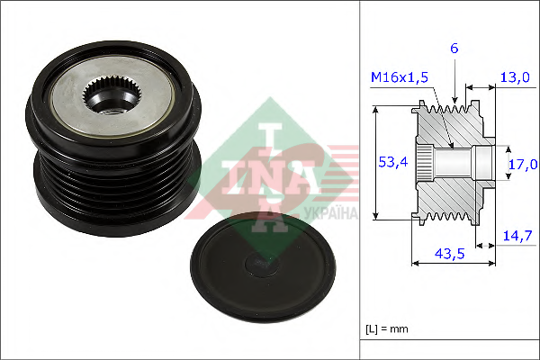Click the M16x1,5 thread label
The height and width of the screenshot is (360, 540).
[x=399, y=77]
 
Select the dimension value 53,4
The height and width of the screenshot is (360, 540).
[x=393, y=162]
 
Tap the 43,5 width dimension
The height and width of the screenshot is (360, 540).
[x=449, y=254]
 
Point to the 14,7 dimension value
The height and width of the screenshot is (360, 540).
[x=517, y=236]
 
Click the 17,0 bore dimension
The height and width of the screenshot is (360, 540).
[x=523, y=165]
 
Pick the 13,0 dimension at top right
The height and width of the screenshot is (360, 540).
[x=515, y=77]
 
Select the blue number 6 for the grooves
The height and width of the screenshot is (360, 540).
[x=454, y=49]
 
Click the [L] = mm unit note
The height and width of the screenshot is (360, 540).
[x=387, y=329]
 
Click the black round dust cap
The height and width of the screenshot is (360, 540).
[x=263, y=267]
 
